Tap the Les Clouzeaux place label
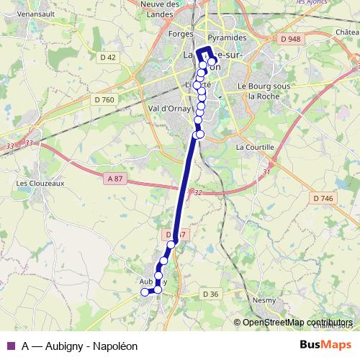[36, 183]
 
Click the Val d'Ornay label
[171, 109]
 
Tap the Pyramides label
[226, 37]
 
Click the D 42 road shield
[108, 57]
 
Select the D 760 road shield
[104, 99]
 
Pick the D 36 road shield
[210, 294]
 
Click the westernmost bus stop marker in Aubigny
[144, 292]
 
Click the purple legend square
[10, 346]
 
